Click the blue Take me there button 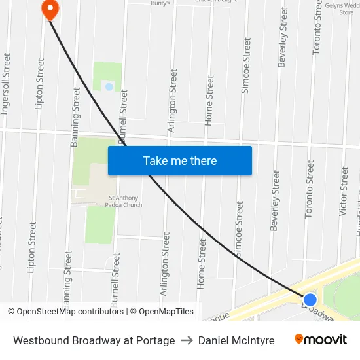[x=180, y=160]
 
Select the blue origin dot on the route [x=310, y=300]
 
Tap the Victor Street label [x=344, y=191]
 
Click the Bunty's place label [x=160, y=3]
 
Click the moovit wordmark [x=326, y=340]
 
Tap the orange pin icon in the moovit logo [x=299, y=339]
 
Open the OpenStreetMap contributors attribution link [x=66, y=312]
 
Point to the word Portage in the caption [x=156, y=340]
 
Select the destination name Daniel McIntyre [x=236, y=340]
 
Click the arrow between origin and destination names [x=187, y=340]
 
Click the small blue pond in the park [x=109, y=86]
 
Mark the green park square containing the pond [x=107, y=77]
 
